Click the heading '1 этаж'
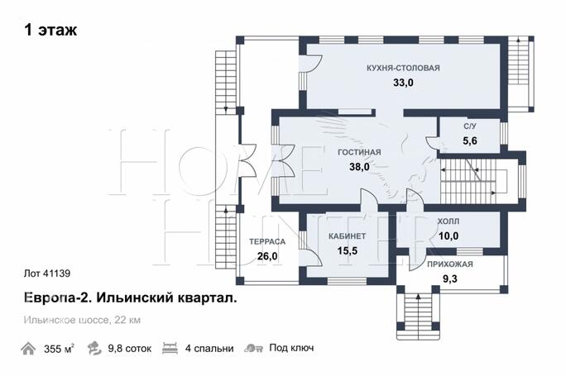point(50,31)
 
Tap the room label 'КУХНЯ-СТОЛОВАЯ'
point(404,69)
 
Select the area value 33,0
point(403,83)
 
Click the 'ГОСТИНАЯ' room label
point(359,152)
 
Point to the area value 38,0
point(359,166)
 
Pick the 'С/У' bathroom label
point(470,126)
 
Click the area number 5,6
point(470,140)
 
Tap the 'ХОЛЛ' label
point(448,222)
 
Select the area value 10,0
point(448,236)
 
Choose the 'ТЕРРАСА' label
point(267,242)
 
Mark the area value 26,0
point(267,256)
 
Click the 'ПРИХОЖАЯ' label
point(449,264)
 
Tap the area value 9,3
point(449,278)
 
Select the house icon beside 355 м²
point(29,348)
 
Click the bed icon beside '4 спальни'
point(170,348)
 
